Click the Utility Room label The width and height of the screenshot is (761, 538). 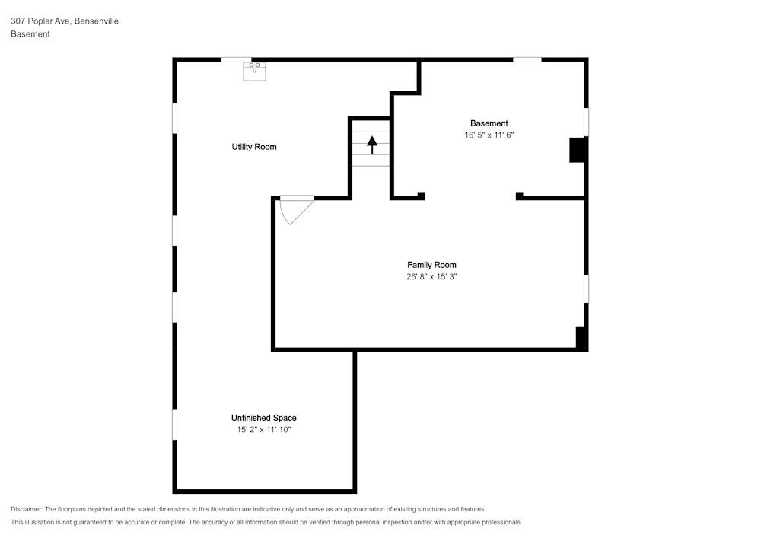(254, 147)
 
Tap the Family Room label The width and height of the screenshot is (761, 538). (431, 265)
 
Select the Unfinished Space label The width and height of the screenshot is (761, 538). (263, 418)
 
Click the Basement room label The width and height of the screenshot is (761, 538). (489, 123)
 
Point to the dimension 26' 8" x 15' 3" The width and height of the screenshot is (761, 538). (431, 277)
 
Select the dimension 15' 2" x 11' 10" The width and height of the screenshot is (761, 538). (263, 430)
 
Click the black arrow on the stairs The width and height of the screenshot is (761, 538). (371, 144)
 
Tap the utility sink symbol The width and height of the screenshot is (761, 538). (254, 72)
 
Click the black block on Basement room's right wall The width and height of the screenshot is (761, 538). (578, 149)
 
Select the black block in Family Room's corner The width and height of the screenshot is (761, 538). (581, 337)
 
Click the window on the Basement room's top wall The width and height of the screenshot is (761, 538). (527, 59)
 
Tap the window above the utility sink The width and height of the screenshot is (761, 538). (236, 59)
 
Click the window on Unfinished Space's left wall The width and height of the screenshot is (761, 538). (174, 425)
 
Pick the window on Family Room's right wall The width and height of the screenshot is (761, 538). (586, 288)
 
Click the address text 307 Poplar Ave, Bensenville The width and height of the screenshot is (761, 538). (64, 21)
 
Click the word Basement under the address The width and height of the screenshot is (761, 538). (30, 34)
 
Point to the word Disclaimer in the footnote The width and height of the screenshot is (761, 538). (27, 509)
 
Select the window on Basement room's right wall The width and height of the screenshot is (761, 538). (586, 122)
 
